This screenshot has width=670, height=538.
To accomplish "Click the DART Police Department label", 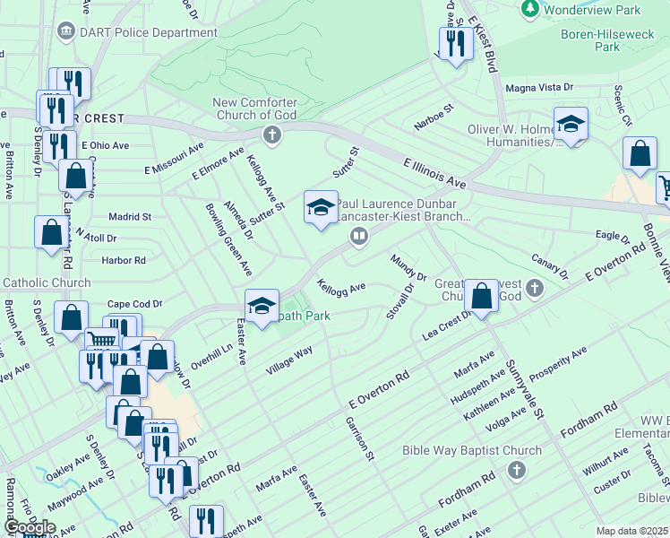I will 147,32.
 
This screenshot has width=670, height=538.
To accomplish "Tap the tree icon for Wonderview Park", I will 529,9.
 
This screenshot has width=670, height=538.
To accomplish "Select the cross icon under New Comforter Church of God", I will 272,135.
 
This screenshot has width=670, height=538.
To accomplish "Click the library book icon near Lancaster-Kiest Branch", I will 358,236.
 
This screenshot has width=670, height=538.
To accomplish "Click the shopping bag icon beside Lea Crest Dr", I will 481,296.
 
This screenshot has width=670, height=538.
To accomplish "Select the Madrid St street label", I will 129,216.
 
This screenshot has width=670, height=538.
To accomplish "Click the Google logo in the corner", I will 30,526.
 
